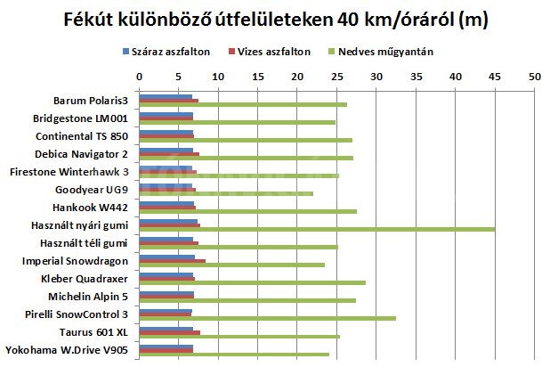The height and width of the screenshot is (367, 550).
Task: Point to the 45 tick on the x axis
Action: click(x=495, y=77)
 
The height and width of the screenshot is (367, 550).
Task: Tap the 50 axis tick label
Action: click(x=534, y=77)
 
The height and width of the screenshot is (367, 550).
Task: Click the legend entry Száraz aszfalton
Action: click(x=169, y=52)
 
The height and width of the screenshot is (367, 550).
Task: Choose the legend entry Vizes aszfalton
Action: click(x=274, y=52)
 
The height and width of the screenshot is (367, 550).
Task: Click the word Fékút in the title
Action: click(x=92, y=19)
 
